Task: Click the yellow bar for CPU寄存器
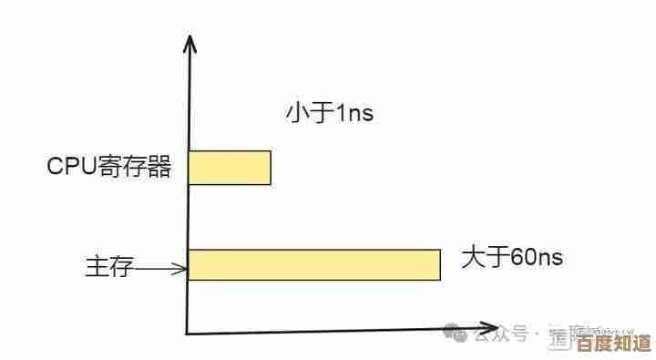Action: pyautogui.click(x=230, y=168)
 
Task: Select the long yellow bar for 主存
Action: pyautogui.click(x=314, y=263)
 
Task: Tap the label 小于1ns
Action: pyautogui.click(x=329, y=114)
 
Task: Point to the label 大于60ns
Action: pyautogui.click(x=512, y=258)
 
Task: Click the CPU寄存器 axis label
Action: pyautogui.click(x=109, y=168)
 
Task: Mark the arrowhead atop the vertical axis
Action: pyautogui.click(x=190, y=41)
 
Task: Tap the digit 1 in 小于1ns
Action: pyautogui.click(x=341, y=114)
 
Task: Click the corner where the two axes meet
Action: pyautogui.click(x=188, y=333)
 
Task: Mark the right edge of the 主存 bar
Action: pyautogui.click(x=440, y=263)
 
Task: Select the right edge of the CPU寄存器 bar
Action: pyautogui.click(x=271, y=168)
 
